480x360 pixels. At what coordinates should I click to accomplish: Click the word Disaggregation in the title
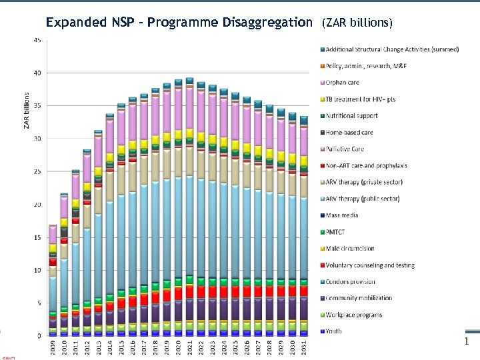click(265, 23)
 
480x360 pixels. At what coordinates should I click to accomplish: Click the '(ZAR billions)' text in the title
click(357, 23)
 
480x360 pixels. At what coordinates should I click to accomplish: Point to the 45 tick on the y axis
click(37, 40)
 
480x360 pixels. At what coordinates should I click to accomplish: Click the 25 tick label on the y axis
click(37, 171)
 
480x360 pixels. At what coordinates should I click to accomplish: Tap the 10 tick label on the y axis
click(37, 270)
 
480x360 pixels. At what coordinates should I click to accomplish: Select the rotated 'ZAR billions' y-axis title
click(27, 110)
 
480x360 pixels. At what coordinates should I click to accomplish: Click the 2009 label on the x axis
click(53, 348)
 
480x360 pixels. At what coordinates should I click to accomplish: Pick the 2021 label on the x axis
click(189, 348)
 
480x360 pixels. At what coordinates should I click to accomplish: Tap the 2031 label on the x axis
click(303, 348)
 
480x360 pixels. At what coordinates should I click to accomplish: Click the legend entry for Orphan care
click(343, 83)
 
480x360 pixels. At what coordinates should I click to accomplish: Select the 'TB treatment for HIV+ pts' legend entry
click(361, 99)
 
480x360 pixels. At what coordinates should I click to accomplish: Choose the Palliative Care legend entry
click(345, 149)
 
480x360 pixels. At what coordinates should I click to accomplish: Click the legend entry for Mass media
click(342, 215)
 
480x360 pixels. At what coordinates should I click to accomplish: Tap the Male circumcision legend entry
click(350, 249)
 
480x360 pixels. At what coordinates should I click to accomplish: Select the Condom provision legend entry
click(351, 282)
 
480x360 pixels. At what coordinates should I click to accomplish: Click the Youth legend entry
click(334, 331)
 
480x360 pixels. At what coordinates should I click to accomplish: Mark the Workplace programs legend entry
click(354, 315)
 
